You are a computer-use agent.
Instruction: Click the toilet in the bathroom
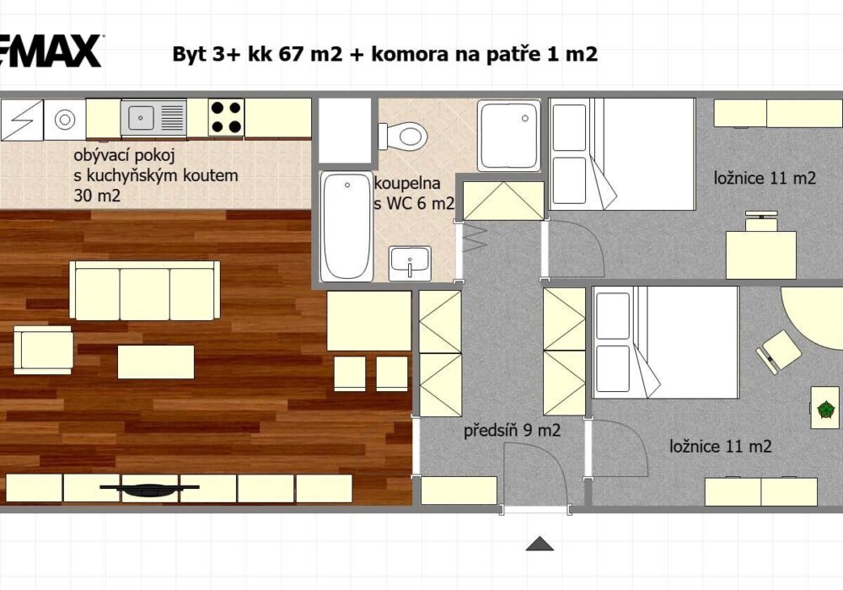403,136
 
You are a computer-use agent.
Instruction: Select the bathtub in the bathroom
346,226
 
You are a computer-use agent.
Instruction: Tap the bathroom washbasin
410,263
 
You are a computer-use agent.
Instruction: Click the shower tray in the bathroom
509,136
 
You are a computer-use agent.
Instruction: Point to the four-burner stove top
226,117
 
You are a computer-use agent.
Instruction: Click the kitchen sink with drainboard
153,117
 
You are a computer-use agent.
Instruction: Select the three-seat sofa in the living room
145,291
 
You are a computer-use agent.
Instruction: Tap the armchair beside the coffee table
44,350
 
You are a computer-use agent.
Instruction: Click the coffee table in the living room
156,362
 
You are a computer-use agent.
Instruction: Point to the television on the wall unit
149,489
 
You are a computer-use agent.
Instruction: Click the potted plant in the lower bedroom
825,410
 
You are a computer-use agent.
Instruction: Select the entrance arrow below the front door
540,544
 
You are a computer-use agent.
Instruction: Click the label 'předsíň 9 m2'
512,431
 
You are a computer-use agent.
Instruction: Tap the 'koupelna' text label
407,183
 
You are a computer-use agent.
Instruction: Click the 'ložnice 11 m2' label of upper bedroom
765,178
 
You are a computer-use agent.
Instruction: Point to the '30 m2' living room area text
97,196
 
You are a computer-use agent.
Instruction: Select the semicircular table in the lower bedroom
811,318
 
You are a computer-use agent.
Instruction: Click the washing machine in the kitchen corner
65,120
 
